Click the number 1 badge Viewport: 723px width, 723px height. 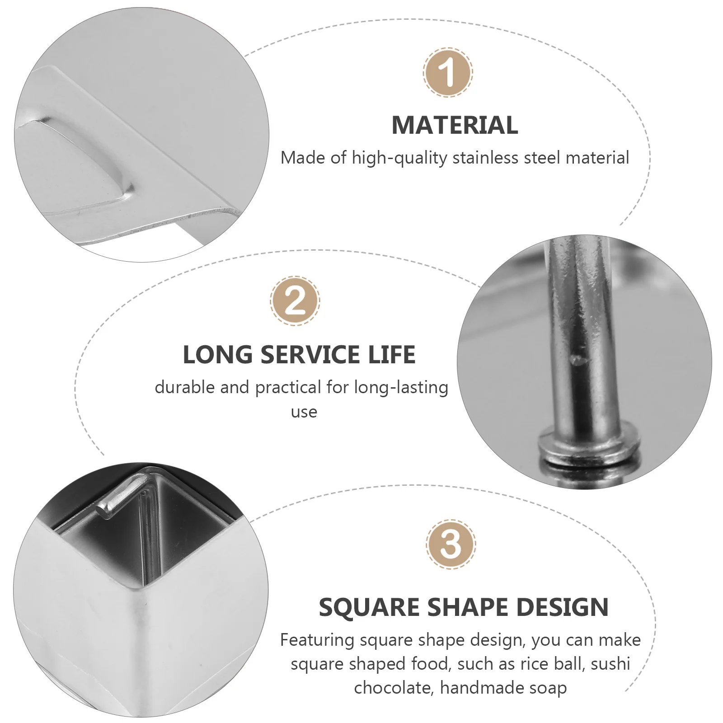[x=448, y=72]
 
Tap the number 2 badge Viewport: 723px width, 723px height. [x=295, y=301]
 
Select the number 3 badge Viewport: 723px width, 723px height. [x=451, y=544]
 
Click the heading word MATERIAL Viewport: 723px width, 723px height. [x=455, y=125]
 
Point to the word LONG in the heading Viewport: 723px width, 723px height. [x=218, y=355]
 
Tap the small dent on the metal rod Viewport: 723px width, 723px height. [x=577, y=360]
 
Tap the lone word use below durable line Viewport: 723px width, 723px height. [x=304, y=412]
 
